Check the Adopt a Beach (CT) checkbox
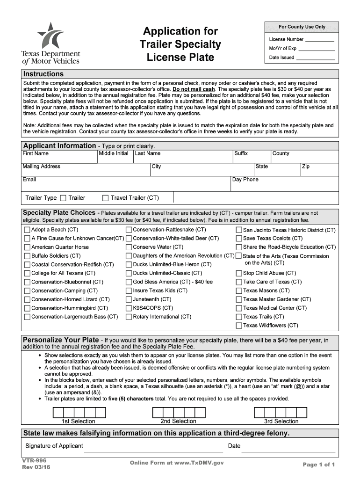pos(27,230)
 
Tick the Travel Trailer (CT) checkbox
pos(105,198)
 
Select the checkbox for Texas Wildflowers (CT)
pos(238,326)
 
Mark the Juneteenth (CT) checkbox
pos(129,299)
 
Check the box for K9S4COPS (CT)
pos(129,308)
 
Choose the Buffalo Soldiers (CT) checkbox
pos(27,256)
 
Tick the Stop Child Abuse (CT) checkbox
pos(238,273)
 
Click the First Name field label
pos(36,153)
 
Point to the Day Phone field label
pos(245,180)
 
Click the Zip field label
pos(306,167)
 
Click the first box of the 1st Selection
pos(58,412)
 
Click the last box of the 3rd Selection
pos(301,412)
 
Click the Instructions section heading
pos(43,74)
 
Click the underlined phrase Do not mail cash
pos(194,89)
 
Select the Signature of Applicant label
pos(54,446)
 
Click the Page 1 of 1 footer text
pos(319,464)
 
